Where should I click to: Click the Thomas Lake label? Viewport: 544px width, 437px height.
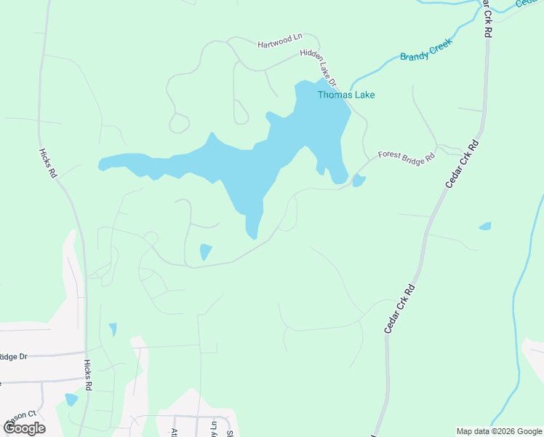[345, 95]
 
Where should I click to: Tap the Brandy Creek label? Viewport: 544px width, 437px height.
[426, 50]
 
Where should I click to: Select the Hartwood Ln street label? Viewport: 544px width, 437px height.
[279, 41]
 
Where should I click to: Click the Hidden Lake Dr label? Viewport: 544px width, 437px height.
[322, 66]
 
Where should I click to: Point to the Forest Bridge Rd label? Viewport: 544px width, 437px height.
[406, 155]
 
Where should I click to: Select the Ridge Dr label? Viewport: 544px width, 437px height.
[13, 356]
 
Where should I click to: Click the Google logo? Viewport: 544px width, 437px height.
[24, 428]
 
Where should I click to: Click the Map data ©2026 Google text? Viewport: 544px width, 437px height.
[498, 431]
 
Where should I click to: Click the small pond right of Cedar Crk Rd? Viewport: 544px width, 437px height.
[485, 227]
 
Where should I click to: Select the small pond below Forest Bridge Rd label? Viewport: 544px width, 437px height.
[358, 181]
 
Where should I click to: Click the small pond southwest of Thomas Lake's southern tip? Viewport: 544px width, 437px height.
[205, 252]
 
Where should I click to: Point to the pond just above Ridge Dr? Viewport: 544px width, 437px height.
[112, 329]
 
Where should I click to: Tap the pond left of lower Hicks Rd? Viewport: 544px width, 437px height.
[71, 399]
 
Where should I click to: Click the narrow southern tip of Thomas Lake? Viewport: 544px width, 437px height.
[252, 232]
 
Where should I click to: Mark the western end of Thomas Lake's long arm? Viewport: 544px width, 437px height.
[103, 164]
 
